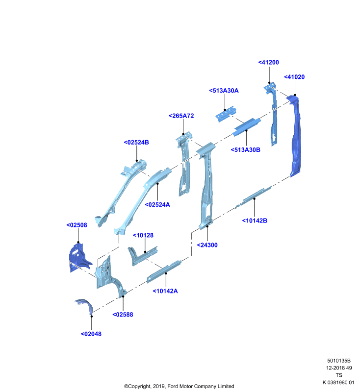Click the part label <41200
pos(268,62)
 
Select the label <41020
pos(294,77)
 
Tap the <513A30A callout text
pos(224,91)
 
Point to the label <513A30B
pos(245,150)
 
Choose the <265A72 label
pos(181,116)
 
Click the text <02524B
pos(136,142)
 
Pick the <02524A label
pos(157,204)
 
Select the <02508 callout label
pos(77,225)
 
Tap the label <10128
pos(143,235)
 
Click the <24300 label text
pos(207,245)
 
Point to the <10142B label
pos(255,220)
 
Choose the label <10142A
pos(165,291)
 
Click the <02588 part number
pos(123,315)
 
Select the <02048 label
pos(91,334)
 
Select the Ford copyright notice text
pos(179,386)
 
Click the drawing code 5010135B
pos(339,361)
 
